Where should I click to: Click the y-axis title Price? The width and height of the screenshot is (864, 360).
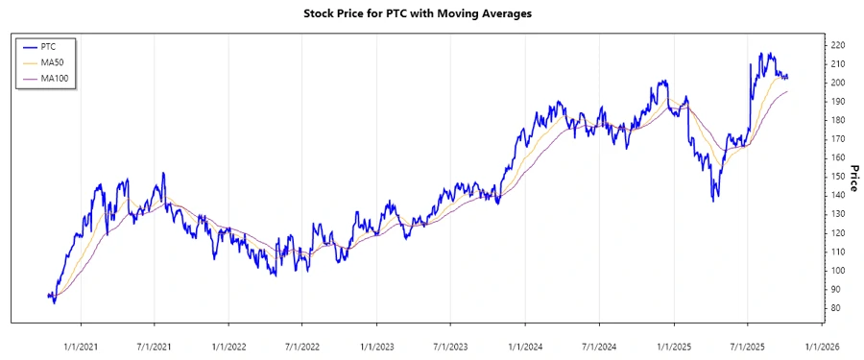(x=852, y=178)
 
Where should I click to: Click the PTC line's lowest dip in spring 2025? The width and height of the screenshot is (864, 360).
(x=713, y=201)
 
